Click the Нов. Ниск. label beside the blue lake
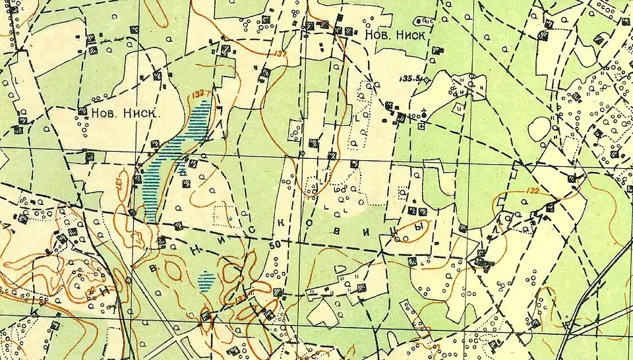coord(125,113)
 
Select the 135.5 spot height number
coord(410,78)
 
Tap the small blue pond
coord(206,282)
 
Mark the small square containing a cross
coord(421,126)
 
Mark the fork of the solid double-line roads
coord(568,324)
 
